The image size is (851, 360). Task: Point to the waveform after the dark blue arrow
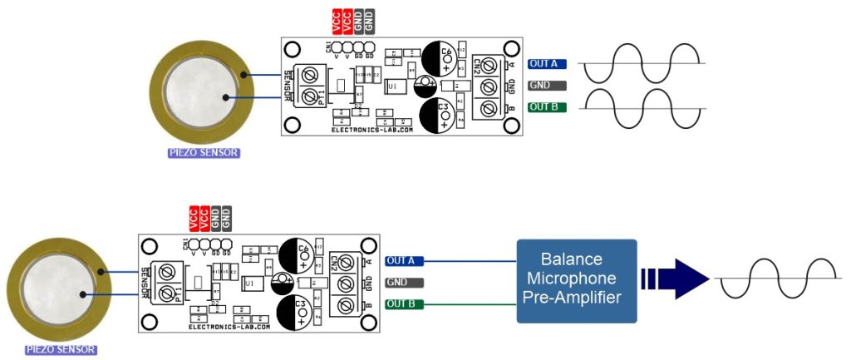778,279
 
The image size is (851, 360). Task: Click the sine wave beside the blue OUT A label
642,63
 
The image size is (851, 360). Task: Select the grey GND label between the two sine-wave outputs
547,85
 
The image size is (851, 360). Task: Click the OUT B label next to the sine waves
547,107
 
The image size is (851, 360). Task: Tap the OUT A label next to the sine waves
547,63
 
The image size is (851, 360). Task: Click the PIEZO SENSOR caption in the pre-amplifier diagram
60,350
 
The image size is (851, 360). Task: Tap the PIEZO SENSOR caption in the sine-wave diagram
204,153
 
